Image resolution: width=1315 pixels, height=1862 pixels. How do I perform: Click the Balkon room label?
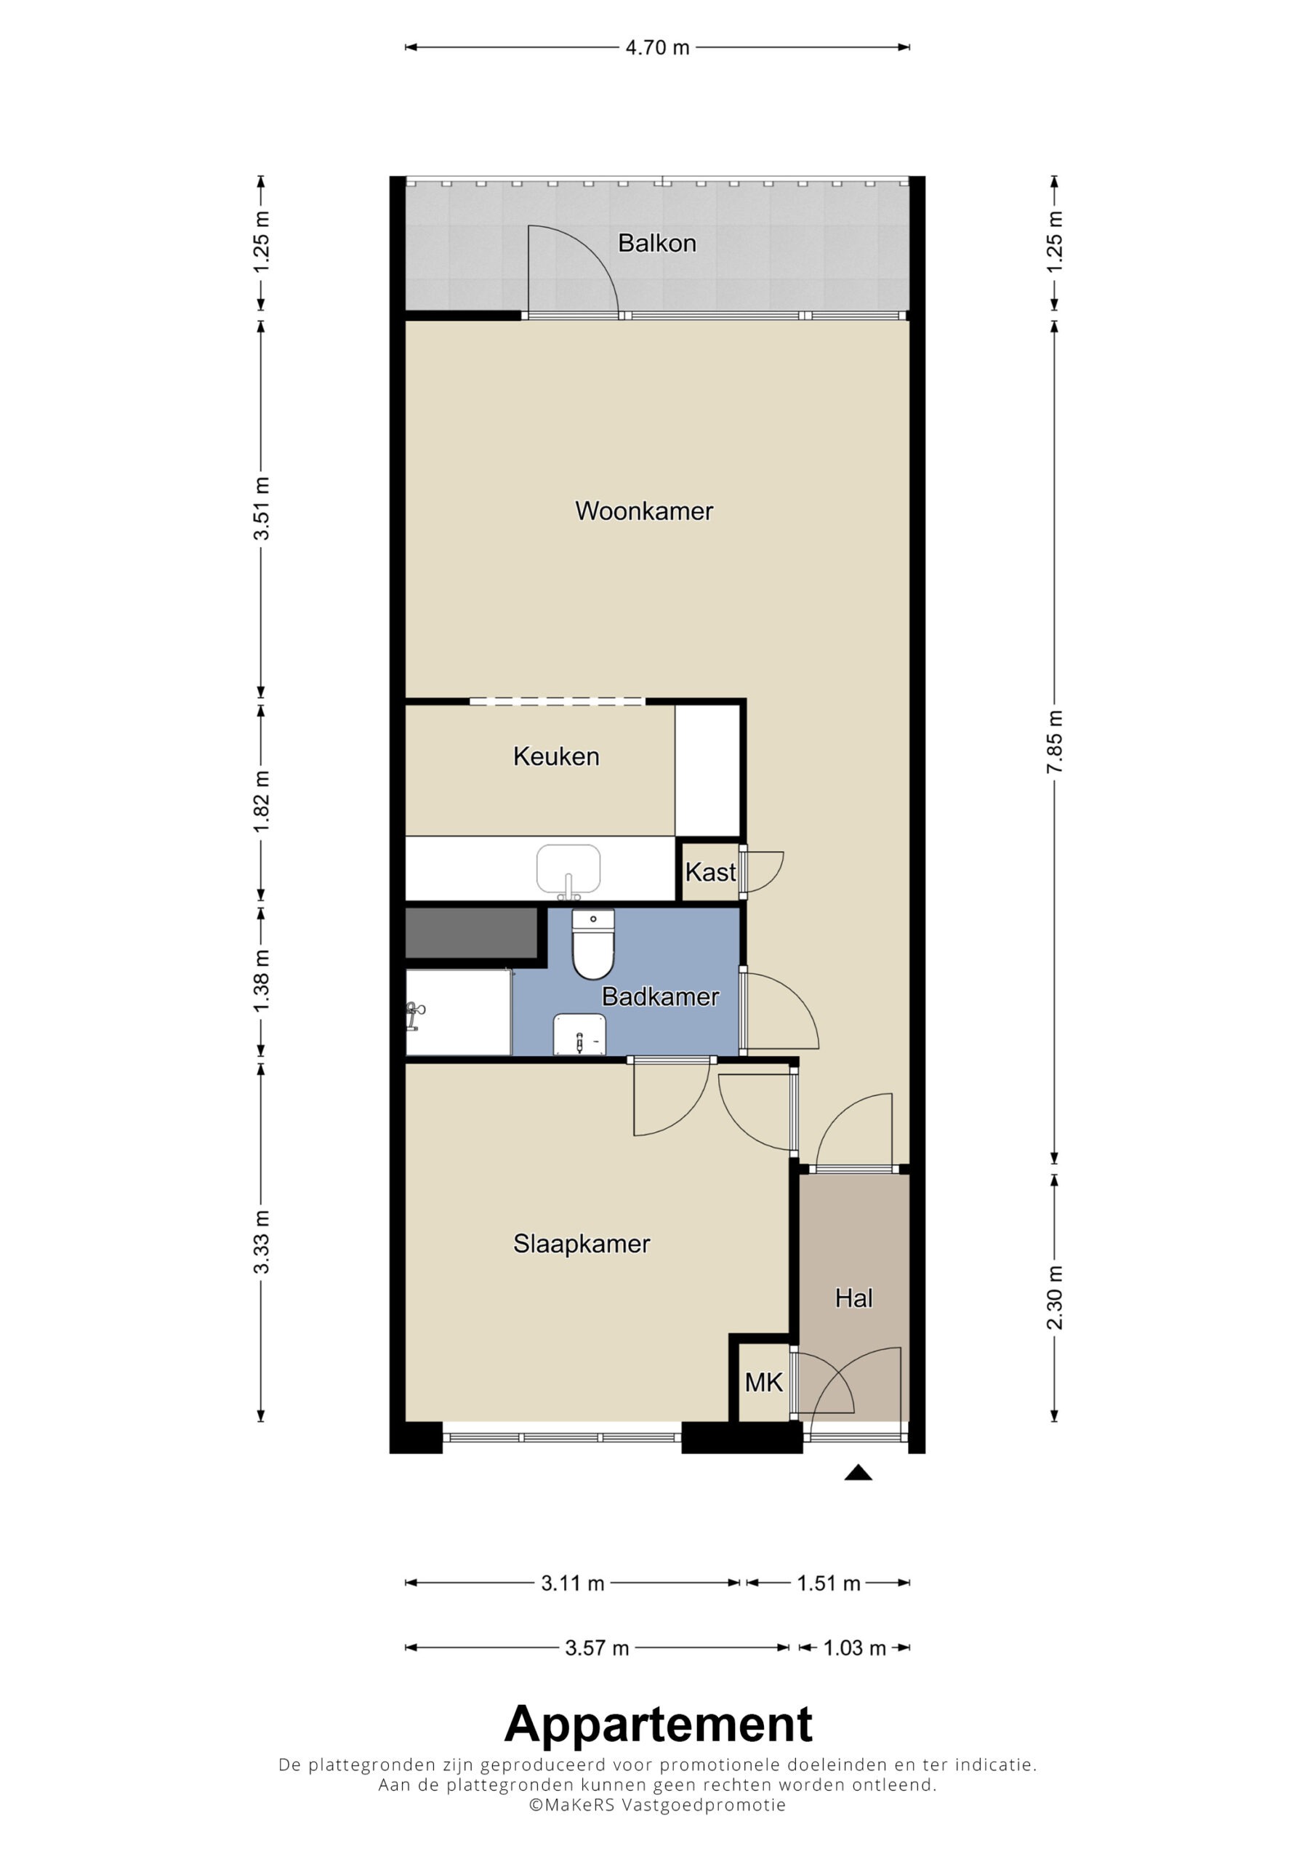(x=656, y=243)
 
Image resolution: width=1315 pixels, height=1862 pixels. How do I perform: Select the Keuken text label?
(x=556, y=756)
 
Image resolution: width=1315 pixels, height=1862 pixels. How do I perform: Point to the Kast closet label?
(x=710, y=873)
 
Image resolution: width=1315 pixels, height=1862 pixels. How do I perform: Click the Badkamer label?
(x=660, y=996)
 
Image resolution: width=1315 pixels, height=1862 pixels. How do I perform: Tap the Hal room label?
(x=853, y=1298)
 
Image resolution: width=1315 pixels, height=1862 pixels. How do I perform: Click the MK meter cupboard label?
(x=764, y=1383)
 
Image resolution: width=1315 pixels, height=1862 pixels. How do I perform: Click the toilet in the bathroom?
(x=593, y=944)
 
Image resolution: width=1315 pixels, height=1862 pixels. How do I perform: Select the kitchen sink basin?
(x=568, y=868)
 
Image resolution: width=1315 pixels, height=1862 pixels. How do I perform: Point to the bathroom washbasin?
(x=579, y=1036)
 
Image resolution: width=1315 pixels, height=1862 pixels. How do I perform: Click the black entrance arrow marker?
(x=858, y=1473)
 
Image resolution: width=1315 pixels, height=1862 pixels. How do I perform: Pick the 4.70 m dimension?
(x=657, y=47)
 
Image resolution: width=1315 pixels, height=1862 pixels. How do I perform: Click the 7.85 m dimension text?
(x=1055, y=741)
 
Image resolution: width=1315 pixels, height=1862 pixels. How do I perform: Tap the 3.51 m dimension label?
(x=261, y=508)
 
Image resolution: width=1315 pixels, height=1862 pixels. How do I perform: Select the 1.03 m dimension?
(x=855, y=1648)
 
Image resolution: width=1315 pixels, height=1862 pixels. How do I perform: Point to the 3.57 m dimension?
(x=597, y=1648)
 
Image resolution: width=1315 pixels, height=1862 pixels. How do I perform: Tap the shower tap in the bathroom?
(x=414, y=1015)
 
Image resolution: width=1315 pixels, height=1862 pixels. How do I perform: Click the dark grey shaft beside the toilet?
(x=471, y=933)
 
